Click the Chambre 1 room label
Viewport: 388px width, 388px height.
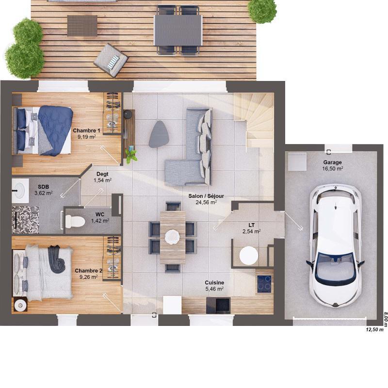click(x=86, y=133)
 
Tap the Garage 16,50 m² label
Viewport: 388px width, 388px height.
click(x=333, y=165)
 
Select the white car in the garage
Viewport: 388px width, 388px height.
click(x=336, y=246)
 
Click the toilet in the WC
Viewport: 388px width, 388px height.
click(x=74, y=221)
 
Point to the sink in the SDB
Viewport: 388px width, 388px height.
click(x=20, y=190)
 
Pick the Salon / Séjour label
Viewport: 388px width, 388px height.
click(x=206, y=199)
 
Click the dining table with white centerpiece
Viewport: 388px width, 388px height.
click(x=172, y=237)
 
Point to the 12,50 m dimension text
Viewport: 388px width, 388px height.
click(x=374, y=330)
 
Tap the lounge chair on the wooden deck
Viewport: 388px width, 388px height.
click(x=112, y=61)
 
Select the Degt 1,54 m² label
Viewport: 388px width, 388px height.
click(x=102, y=177)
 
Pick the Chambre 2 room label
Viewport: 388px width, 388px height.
click(x=88, y=274)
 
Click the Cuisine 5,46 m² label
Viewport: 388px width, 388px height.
click(x=214, y=285)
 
